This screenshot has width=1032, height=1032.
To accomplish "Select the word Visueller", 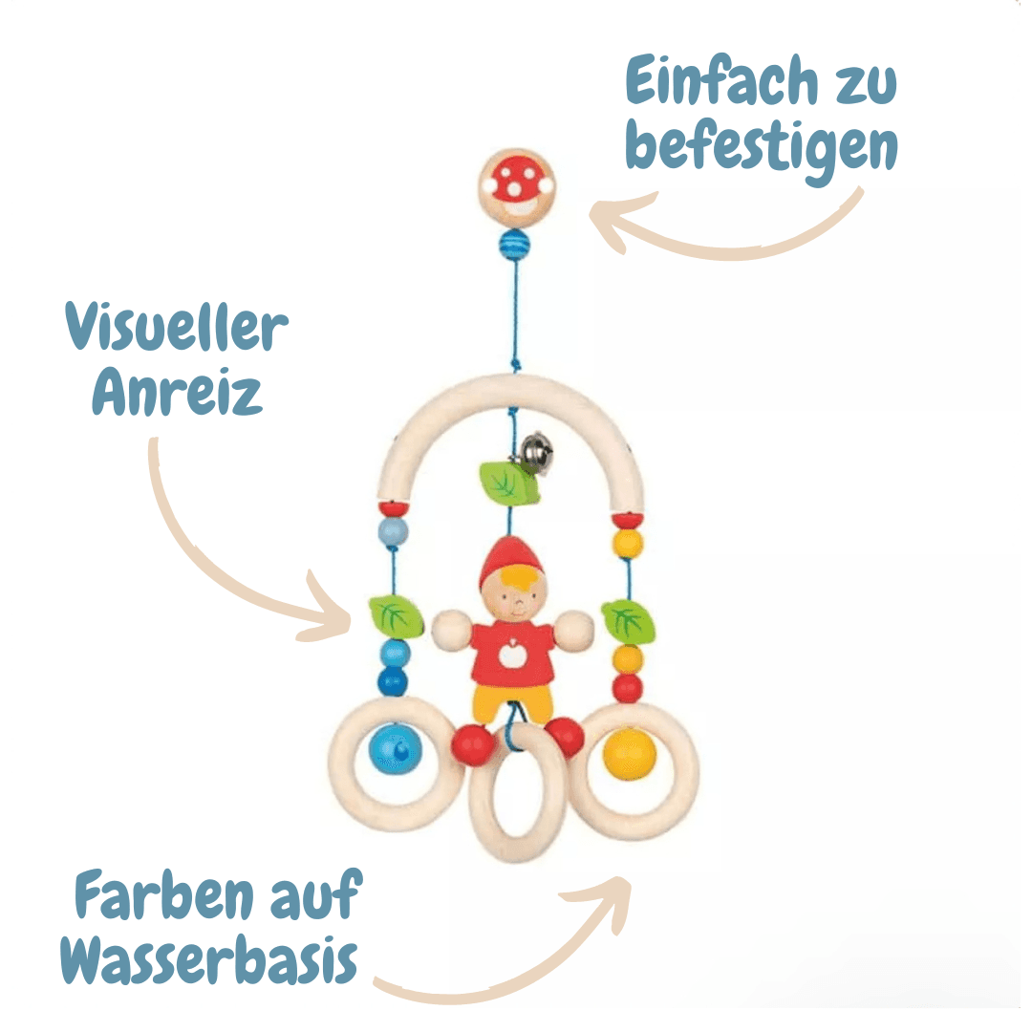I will (x=178, y=328).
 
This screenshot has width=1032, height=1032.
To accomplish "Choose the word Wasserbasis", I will (x=209, y=960).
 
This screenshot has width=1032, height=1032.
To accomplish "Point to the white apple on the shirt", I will (x=513, y=654).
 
